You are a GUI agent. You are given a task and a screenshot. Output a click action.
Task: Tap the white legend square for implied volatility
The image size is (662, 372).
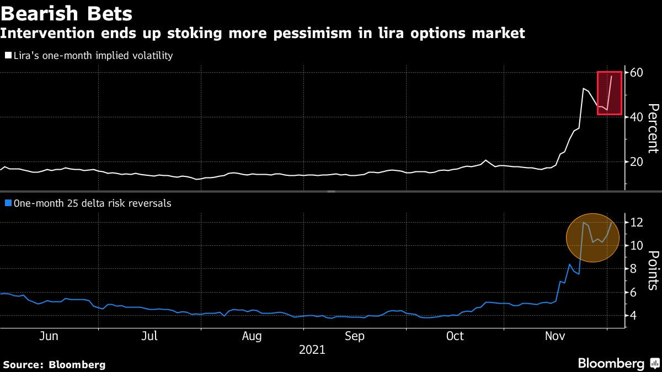tap(7, 56)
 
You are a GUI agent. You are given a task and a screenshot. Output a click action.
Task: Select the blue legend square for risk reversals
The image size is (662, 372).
tap(7, 203)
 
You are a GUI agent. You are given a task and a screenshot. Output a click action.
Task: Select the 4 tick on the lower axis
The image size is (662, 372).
tap(632, 315)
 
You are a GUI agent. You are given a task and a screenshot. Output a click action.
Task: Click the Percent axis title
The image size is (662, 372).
tap(653, 128)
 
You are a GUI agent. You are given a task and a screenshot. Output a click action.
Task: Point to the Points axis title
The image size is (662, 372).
tap(653, 270)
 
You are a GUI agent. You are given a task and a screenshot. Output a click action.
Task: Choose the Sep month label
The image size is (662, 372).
tap(355, 336)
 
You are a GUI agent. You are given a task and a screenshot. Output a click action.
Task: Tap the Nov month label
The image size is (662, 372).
tap(555, 336)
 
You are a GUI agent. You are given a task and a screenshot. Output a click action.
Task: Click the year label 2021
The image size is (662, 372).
tap(312, 349)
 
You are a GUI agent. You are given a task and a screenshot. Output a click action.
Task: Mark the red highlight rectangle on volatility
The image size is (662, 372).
tap(610, 93)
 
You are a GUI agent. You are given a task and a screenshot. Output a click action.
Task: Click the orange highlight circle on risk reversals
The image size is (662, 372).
tap(592, 238)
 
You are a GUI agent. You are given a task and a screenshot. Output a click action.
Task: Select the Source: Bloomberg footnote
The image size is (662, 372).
tap(54, 364)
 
